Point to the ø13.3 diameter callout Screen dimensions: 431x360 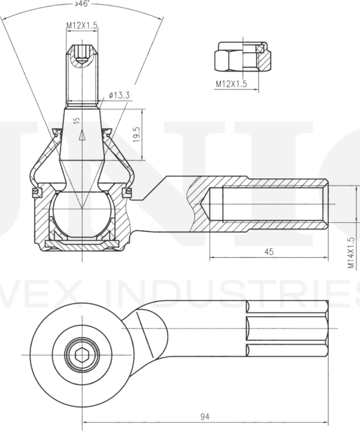tap(120, 95)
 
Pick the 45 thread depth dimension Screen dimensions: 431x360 tap(269, 252)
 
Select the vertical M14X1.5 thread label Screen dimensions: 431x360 tap(351, 252)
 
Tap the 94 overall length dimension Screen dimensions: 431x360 tap(205, 417)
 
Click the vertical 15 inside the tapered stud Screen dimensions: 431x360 tap(77, 120)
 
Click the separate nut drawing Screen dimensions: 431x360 tap(242, 59)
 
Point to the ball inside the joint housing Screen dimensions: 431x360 tap(81, 212)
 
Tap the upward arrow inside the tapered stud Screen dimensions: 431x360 tap(82, 135)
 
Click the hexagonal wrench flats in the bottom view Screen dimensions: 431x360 tap(287, 329)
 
